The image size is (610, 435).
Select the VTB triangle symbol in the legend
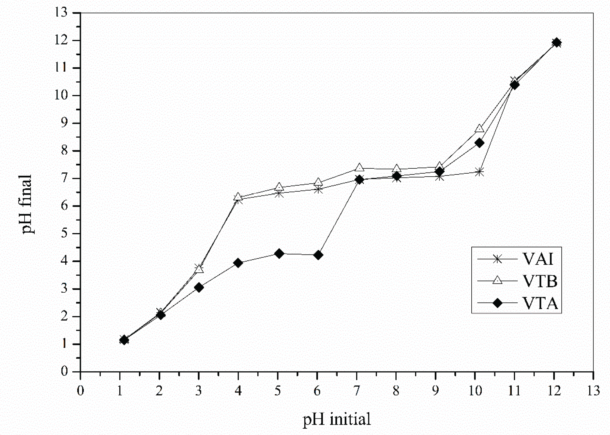coord(497,281)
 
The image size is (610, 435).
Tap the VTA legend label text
coord(540,303)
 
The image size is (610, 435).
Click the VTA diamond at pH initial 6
coord(318,255)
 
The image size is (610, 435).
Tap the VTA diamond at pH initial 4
coord(238,263)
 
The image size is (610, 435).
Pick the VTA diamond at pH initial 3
coord(199,288)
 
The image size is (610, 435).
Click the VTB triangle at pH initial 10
coord(479,129)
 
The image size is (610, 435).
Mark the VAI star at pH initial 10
coord(479,172)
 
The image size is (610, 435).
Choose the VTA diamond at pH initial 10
coord(479,143)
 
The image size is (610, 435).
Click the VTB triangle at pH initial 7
coord(359,168)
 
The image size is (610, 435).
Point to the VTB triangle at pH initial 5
coord(279,186)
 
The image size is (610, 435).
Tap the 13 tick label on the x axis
coord(593,391)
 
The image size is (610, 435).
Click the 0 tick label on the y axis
coord(64,371)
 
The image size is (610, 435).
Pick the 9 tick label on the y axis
coord(64,123)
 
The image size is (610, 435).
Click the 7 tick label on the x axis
coord(357,391)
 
